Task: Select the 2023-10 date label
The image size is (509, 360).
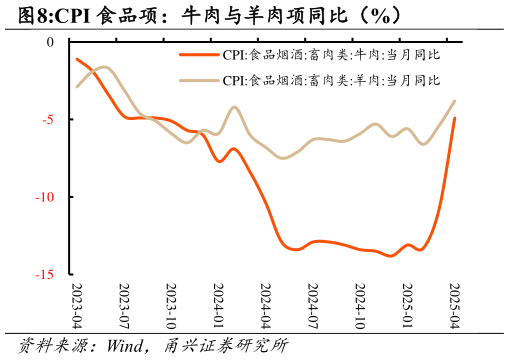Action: coord(171,305)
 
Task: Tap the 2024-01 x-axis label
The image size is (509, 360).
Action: coord(218,305)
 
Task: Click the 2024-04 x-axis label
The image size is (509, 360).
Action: coord(265,305)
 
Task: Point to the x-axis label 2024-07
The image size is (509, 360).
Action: coord(312,305)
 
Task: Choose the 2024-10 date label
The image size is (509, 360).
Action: coord(359,305)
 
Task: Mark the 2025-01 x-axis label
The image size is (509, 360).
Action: coord(406,305)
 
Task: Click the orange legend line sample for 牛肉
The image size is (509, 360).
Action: coord(198,56)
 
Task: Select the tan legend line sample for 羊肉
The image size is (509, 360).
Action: coord(198,79)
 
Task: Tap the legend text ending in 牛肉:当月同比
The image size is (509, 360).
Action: coord(330,56)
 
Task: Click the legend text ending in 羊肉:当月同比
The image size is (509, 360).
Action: coord(330,79)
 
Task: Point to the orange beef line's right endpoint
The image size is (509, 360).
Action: coord(455,118)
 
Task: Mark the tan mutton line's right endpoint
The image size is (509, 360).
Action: coord(455,100)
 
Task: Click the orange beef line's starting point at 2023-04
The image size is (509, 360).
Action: coord(77,59)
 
